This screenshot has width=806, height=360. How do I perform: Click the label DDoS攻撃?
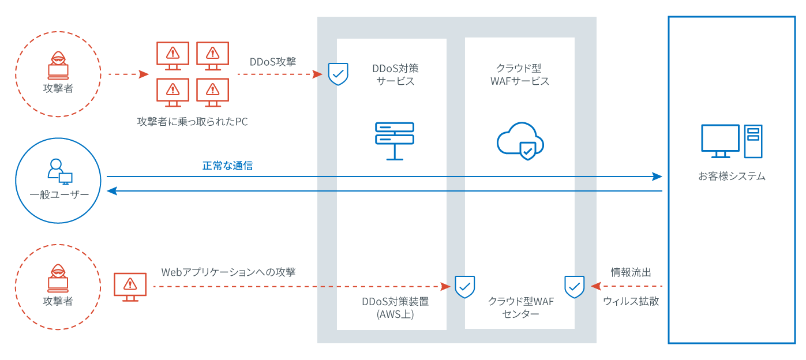coord(272,62)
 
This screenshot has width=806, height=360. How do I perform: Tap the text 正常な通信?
coord(227,166)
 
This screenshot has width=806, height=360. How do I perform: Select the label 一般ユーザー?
coord(59,195)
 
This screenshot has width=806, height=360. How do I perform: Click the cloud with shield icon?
coord(520,140)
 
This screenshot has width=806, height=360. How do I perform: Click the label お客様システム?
coord(732,177)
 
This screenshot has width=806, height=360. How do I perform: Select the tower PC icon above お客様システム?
coord(753,141)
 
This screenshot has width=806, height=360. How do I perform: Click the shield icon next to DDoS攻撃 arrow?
coord(338,74)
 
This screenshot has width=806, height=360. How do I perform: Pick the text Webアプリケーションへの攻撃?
coord(228,272)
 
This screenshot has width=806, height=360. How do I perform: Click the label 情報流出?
coord(631,272)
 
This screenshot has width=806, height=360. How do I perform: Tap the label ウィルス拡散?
coord(631,301)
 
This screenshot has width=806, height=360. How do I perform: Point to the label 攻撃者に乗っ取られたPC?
coord(193,122)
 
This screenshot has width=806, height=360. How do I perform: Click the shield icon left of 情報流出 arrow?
coord(574,286)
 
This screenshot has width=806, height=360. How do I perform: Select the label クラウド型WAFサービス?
coord(519,74)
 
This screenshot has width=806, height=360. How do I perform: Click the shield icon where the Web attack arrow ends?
coord(464,286)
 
